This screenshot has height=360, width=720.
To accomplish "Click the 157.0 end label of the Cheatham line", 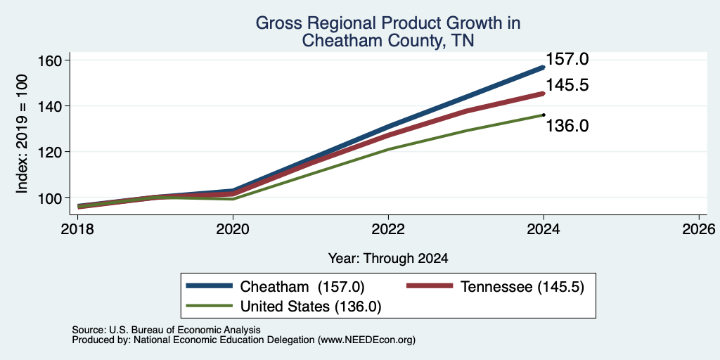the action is pyautogui.click(x=567, y=59).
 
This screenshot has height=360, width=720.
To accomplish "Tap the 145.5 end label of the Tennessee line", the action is pyautogui.click(x=567, y=85).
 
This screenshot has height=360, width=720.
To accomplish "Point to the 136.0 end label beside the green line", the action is pyautogui.click(x=567, y=125).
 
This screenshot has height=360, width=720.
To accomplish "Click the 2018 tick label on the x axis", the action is pyautogui.click(x=77, y=229).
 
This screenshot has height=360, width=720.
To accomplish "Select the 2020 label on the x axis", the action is pyautogui.click(x=233, y=229).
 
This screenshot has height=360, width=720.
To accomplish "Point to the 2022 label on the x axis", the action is pyautogui.click(x=388, y=229).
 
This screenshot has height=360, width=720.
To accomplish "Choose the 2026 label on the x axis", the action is pyautogui.click(x=699, y=229).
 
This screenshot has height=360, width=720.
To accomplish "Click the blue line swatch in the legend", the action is pyautogui.click(x=209, y=285).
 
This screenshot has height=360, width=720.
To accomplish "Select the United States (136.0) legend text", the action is pyautogui.click(x=310, y=306).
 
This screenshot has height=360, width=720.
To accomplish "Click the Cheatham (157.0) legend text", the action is pyautogui.click(x=302, y=287).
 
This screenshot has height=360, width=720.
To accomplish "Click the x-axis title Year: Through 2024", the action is pyautogui.click(x=388, y=259).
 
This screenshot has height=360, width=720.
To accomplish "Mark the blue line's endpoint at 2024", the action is pyautogui.click(x=544, y=67).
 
